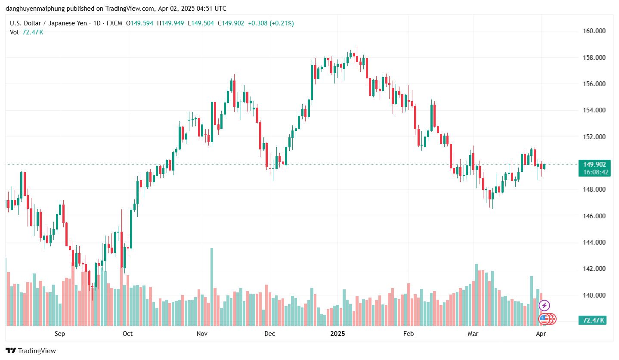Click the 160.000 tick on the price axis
(594, 31)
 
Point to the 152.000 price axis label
(594, 137)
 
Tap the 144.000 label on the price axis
(594, 242)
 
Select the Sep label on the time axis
(60, 334)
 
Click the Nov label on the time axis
(202, 334)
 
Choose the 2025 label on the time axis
(338, 334)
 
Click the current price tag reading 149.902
(594, 164)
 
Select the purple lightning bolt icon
(544, 306)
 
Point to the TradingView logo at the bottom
(31, 351)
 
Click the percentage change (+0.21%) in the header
(282, 23)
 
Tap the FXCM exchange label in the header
(114, 23)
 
